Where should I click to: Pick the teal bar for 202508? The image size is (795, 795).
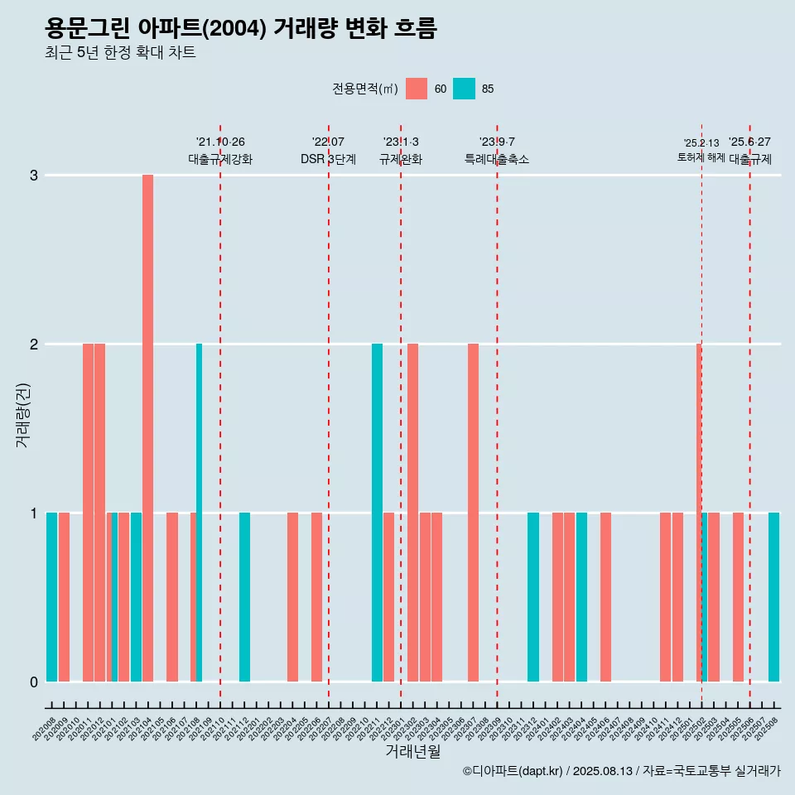coord(773,597)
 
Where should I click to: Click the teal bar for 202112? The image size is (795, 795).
coord(244,597)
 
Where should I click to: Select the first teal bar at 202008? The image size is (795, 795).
coord(51,597)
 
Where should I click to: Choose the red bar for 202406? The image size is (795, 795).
coord(605,597)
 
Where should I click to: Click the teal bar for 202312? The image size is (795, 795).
coord(533,597)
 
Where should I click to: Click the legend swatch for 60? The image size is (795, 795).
coord(417,89)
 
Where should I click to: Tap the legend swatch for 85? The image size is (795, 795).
coord(464,89)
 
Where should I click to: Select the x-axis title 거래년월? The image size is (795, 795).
coord(412,751)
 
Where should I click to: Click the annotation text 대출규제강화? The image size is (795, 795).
coord(220,159)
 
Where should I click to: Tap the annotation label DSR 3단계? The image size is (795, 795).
coord(328,159)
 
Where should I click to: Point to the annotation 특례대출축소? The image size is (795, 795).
coord(497,159)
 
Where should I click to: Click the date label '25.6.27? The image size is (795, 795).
coord(749,142)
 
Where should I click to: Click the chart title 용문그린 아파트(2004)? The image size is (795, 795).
coord(240,29)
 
